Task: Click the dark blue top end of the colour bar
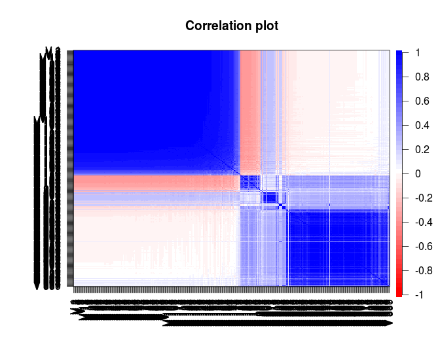coord(399,54)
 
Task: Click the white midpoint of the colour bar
coord(399,173)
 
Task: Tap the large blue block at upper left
coord(144,105)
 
